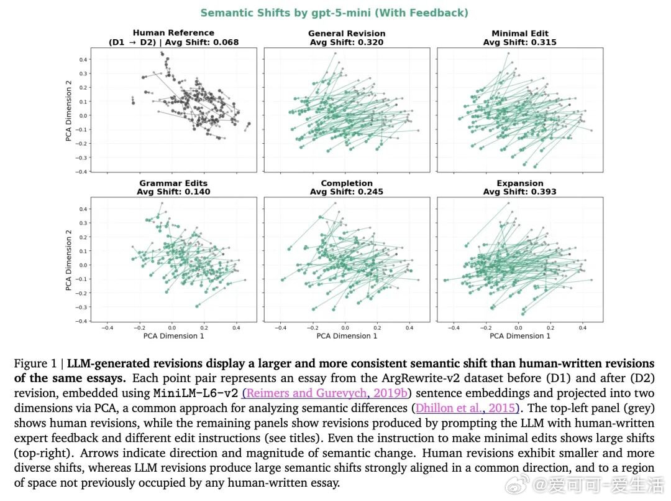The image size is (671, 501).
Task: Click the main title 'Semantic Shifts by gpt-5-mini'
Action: (334, 12)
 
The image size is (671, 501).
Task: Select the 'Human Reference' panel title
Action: (173, 33)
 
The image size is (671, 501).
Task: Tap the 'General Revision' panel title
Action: (347, 33)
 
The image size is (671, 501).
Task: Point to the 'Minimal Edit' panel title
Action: (519, 33)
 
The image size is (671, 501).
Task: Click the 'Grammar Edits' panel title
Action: (173, 183)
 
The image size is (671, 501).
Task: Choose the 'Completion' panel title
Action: (347, 183)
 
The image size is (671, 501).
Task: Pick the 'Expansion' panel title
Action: (519, 183)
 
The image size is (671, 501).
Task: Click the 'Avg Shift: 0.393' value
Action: (519, 192)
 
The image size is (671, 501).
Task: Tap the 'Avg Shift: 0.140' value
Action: (173, 192)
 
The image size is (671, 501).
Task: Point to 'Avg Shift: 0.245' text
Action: (347, 192)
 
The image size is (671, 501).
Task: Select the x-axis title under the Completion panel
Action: (347, 336)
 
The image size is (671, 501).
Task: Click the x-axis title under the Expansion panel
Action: (519, 336)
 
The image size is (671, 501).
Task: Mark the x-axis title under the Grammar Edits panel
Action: (173, 336)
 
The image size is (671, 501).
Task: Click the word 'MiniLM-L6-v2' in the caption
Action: (196, 393)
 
